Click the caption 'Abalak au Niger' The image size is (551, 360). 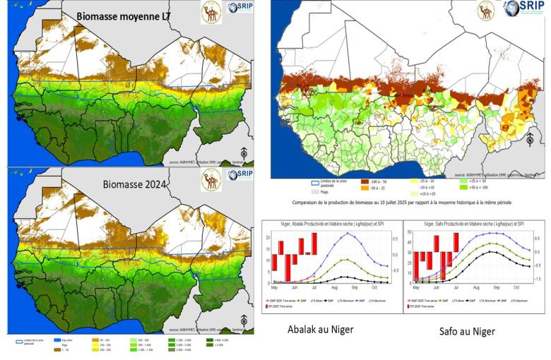(321, 330)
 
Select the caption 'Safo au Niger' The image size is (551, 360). (468, 331)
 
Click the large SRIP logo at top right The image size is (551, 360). (523, 8)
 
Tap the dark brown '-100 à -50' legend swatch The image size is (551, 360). (365, 181)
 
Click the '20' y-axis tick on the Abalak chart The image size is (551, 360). (268, 238)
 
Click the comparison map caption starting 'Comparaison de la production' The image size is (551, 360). (405, 203)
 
